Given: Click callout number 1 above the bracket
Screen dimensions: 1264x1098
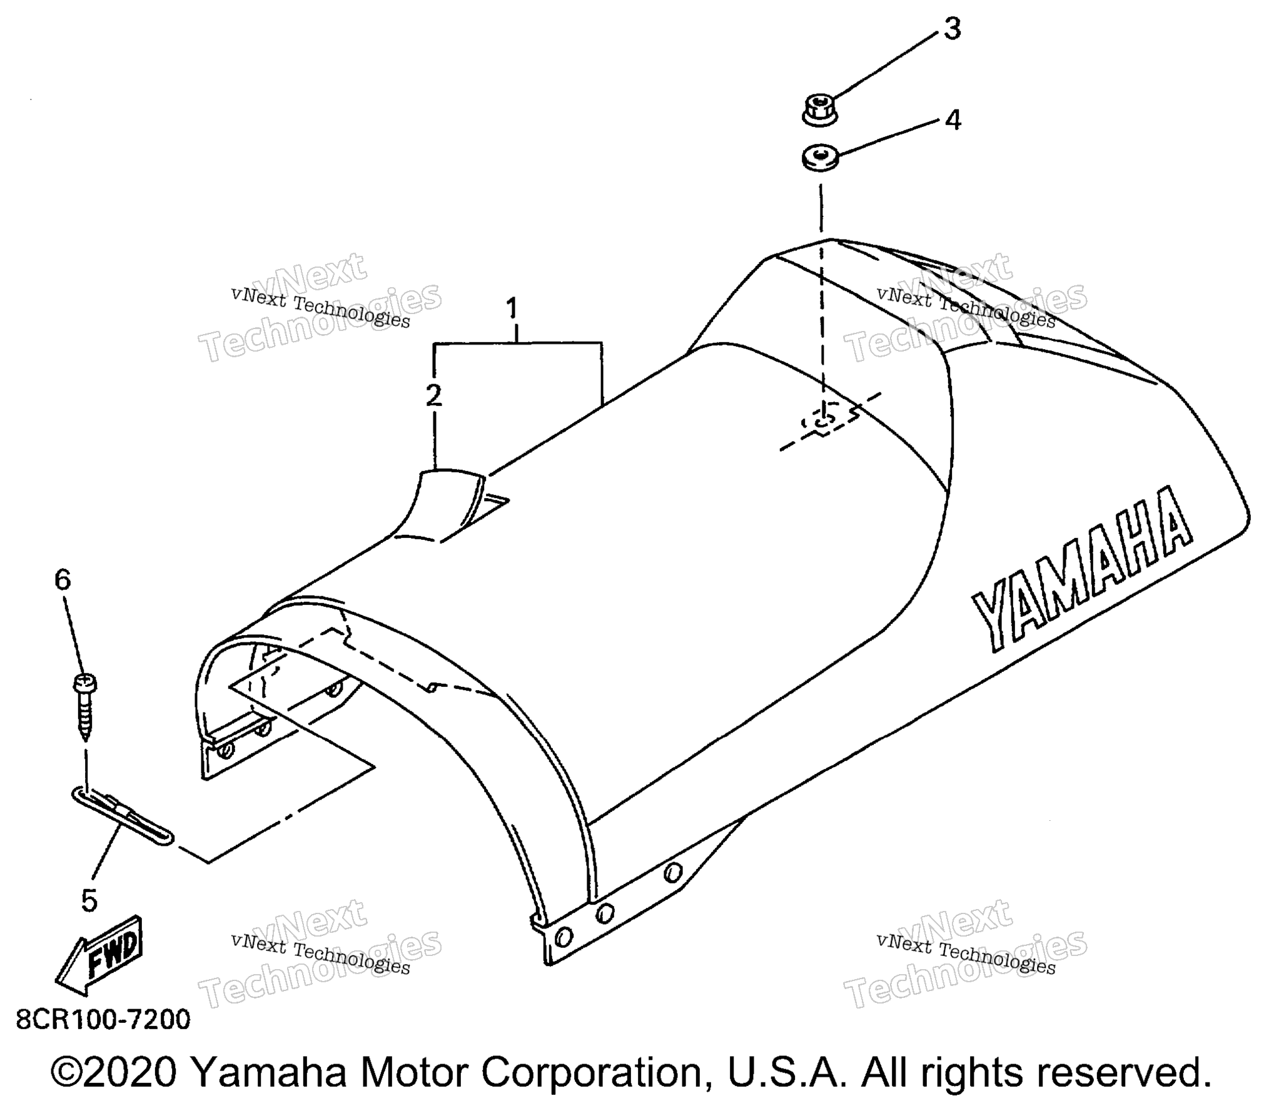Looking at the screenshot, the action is (512, 309).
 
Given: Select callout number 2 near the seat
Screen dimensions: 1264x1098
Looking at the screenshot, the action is (433, 395).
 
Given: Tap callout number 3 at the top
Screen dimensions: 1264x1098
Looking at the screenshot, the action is (952, 29).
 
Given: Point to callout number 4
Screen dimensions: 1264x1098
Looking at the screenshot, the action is (952, 119).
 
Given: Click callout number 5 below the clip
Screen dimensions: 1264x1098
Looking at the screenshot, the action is (89, 900).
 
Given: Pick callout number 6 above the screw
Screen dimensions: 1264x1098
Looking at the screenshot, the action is (63, 580).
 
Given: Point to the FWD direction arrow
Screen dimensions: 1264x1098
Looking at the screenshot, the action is (100, 955).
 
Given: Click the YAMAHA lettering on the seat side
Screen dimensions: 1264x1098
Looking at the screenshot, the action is (1081, 571).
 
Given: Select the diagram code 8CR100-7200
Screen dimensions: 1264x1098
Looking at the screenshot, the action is (103, 1020).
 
